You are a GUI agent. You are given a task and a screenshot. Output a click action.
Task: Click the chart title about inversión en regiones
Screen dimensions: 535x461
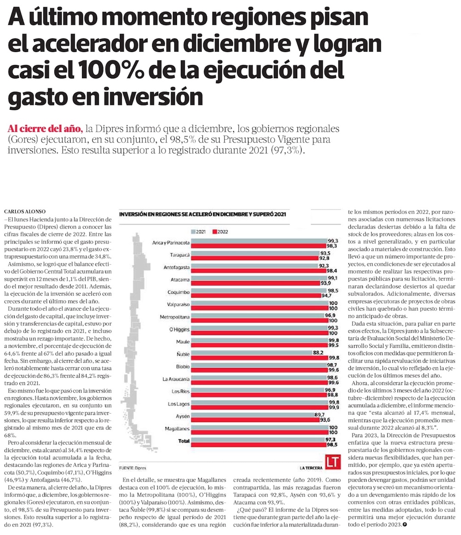click(203, 214)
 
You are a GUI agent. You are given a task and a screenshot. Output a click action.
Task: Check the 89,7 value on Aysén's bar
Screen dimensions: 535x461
click(319, 415)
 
